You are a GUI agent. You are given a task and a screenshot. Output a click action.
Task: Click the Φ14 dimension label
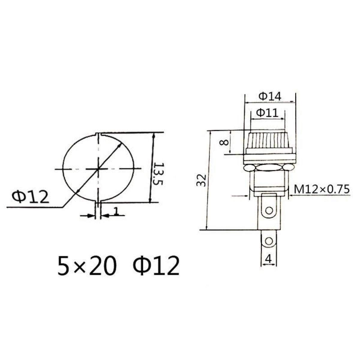point(270,97)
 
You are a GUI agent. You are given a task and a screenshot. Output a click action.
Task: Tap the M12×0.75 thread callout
point(322,189)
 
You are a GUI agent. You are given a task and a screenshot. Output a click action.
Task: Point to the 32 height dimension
point(203,180)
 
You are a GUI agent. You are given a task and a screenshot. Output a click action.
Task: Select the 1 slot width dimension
point(116,211)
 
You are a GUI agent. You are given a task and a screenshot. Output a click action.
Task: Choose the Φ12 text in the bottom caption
point(156,266)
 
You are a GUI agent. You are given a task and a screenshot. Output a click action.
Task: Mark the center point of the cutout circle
point(98,169)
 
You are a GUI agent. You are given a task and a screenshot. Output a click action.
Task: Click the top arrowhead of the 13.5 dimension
point(154,136)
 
